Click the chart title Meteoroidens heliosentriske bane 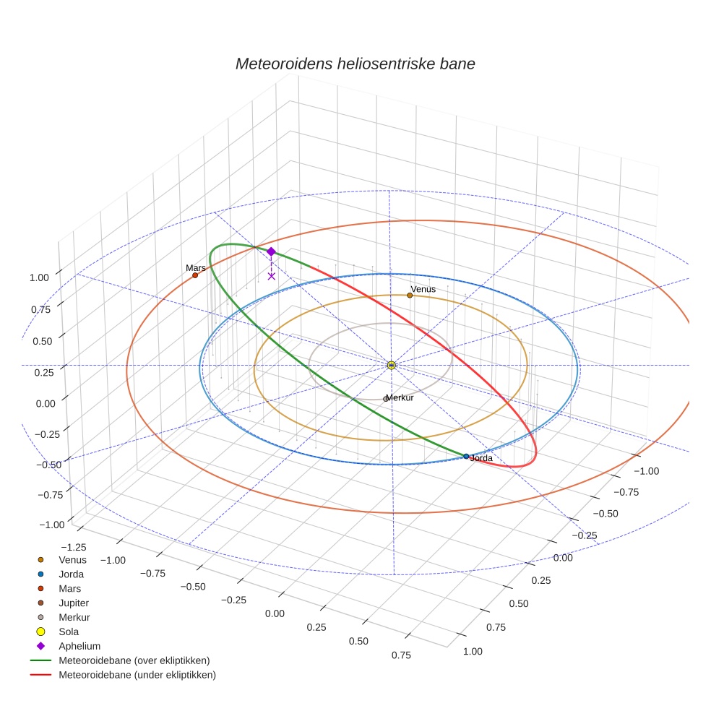coord(355,64)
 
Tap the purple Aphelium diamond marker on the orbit coord(271,251)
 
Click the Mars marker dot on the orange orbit coord(195,275)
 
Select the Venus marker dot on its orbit coord(410,295)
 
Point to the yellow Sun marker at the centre coord(391,366)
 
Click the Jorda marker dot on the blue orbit coord(466,457)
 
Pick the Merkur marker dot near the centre coord(385,399)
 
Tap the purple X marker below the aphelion coord(271,276)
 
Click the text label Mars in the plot coord(195,267)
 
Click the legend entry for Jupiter coord(74,603)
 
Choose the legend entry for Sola coord(69,632)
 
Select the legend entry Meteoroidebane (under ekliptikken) coord(137,675)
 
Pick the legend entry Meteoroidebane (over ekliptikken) coord(134,660)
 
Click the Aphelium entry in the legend coord(79,646)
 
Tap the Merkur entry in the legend coord(74,617)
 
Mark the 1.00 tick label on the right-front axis coord(472,651)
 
